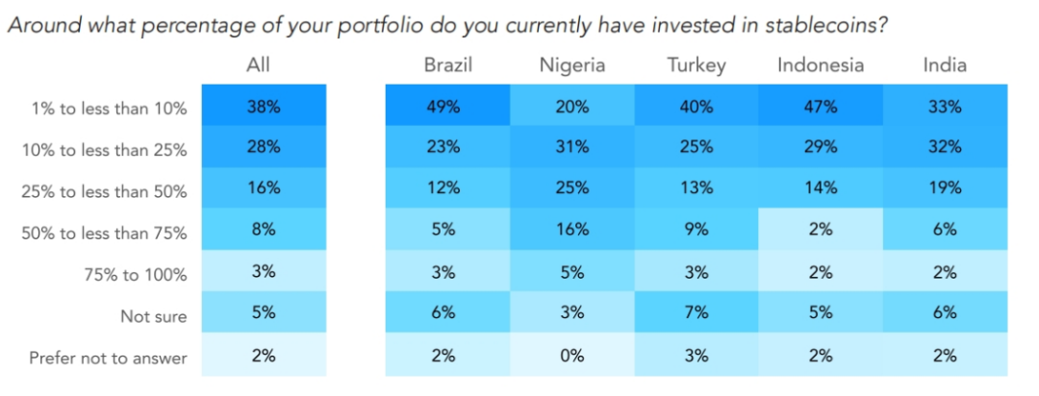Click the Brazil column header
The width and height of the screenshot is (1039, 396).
(x=447, y=65)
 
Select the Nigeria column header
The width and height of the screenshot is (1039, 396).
(x=571, y=65)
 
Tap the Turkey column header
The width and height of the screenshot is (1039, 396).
(x=696, y=65)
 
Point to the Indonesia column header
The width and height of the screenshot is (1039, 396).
(x=821, y=65)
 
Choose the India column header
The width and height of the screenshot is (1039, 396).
(x=945, y=65)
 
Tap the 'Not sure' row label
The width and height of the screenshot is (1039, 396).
(x=153, y=315)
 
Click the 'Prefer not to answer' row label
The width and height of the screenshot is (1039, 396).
(x=108, y=358)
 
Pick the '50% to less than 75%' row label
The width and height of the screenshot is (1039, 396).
(x=104, y=233)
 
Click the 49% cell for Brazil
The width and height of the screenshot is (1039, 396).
(x=447, y=107)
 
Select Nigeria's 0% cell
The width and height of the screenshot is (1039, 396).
(x=571, y=355)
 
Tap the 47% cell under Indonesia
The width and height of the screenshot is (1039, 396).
(x=821, y=107)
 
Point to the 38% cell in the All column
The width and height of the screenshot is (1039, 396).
(x=263, y=107)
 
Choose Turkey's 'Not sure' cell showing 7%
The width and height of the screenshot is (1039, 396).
(x=696, y=313)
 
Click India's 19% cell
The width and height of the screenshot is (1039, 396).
(x=945, y=189)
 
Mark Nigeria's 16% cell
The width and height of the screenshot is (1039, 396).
(x=571, y=231)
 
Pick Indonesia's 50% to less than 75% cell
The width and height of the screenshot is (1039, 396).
(x=821, y=231)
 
